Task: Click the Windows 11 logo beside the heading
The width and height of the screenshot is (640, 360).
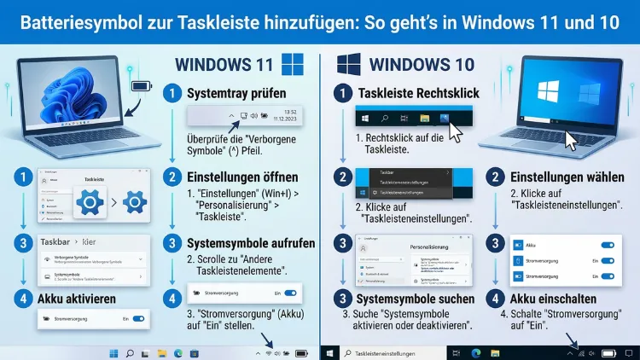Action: click(292, 66)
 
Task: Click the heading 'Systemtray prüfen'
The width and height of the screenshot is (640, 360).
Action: click(237, 94)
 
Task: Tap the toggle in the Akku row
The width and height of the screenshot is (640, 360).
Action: click(607, 245)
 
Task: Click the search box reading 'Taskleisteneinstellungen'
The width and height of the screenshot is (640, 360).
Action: click(387, 352)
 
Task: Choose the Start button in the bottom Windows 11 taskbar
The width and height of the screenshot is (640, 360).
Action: click(113, 352)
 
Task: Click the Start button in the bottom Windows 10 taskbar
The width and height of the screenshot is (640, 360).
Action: click(329, 352)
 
